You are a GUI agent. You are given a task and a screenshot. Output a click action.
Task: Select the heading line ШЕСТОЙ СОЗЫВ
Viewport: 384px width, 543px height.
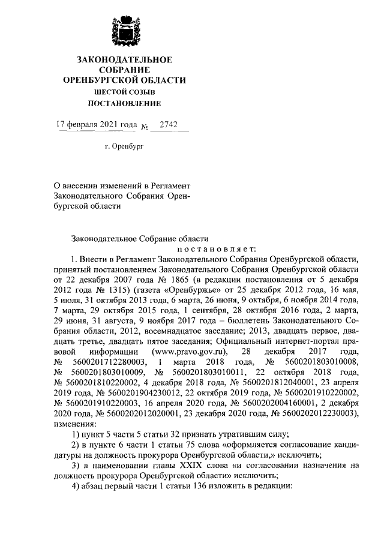(x=125, y=92)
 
